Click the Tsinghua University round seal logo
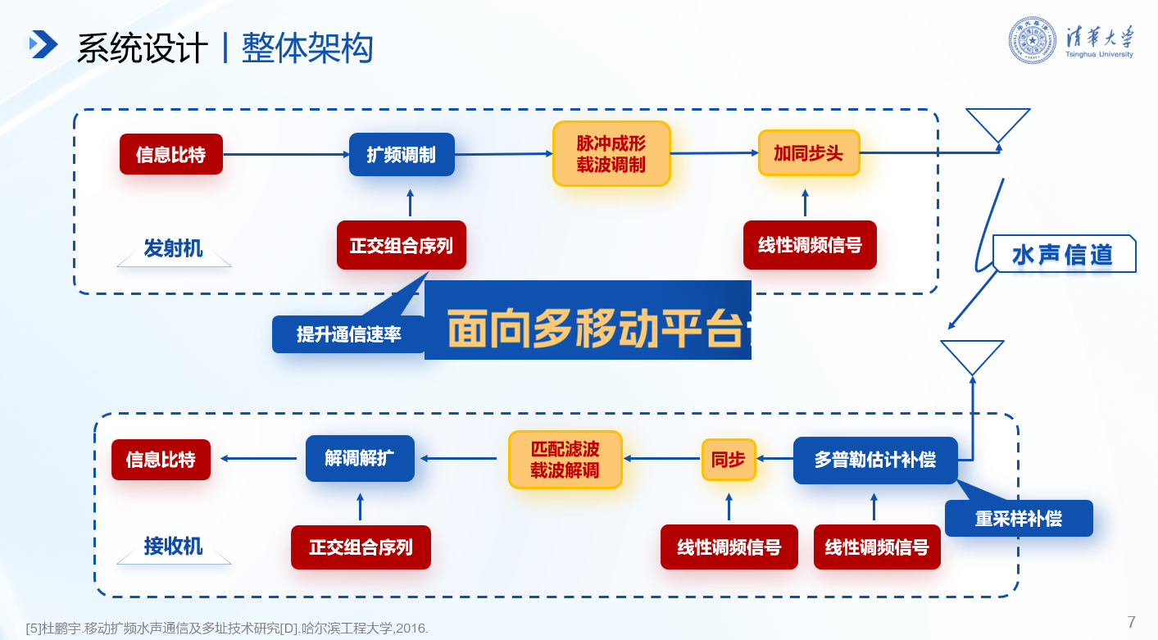1033,40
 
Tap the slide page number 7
1132,622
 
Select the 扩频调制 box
402,154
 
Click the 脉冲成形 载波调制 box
611,154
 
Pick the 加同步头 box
809,153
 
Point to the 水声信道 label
1064,255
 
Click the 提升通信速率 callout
349,334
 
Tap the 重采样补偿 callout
1019,518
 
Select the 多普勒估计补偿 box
875,460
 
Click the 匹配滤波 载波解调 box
565,460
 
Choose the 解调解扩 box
360,459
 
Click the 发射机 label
173,248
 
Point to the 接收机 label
173,546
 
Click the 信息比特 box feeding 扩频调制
171,154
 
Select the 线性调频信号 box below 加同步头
810,245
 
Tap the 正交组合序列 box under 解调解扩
361,547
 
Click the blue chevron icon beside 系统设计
43,44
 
